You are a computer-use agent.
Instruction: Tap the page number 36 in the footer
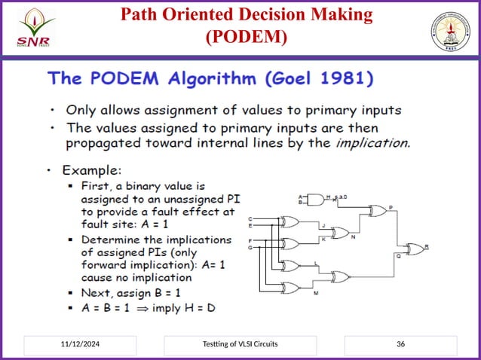[x=400, y=344]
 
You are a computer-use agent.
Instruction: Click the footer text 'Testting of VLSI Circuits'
[x=240, y=344]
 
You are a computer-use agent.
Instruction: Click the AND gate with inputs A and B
[x=317, y=200]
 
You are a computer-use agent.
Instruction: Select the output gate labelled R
[x=414, y=249]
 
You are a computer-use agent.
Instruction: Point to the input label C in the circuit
[x=250, y=218]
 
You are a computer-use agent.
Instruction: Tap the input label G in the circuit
[x=250, y=247]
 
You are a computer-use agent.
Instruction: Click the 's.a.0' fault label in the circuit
[x=342, y=196]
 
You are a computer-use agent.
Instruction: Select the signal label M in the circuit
[x=316, y=291]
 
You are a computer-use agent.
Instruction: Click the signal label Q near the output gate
[x=398, y=256]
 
